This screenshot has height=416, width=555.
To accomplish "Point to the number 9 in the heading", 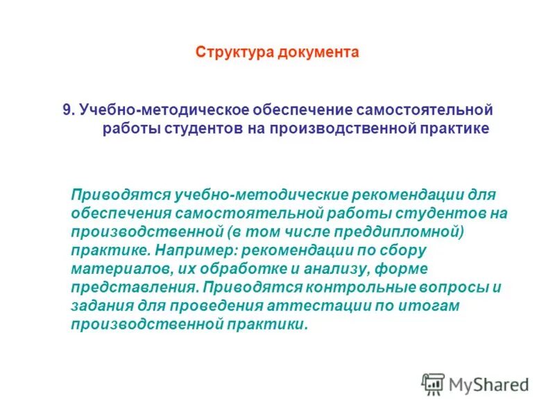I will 67,110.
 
